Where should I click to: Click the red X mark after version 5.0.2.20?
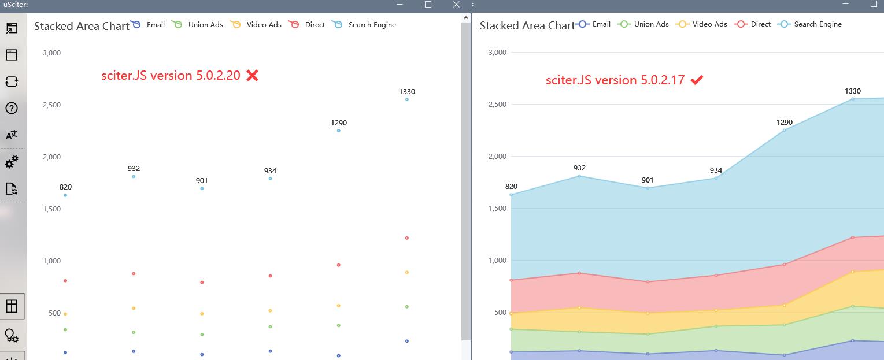tap(252, 76)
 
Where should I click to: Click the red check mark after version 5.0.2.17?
tap(697, 80)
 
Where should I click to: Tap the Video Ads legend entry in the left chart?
tap(256, 25)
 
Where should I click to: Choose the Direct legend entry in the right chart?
tap(753, 24)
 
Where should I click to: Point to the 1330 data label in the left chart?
tap(407, 92)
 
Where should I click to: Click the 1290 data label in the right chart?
tap(785, 123)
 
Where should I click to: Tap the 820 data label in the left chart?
tap(65, 187)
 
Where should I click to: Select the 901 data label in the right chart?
tap(648, 181)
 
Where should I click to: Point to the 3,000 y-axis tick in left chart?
tap(51, 53)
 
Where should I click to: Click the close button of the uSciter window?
tap(456, 5)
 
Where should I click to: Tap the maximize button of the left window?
tap(428, 5)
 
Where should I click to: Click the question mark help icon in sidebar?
tap(12, 108)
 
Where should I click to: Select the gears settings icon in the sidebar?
tap(12, 162)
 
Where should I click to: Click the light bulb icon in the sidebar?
tap(12, 336)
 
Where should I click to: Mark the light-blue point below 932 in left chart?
tap(134, 176)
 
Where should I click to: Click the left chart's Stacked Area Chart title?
tap(82, 26)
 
